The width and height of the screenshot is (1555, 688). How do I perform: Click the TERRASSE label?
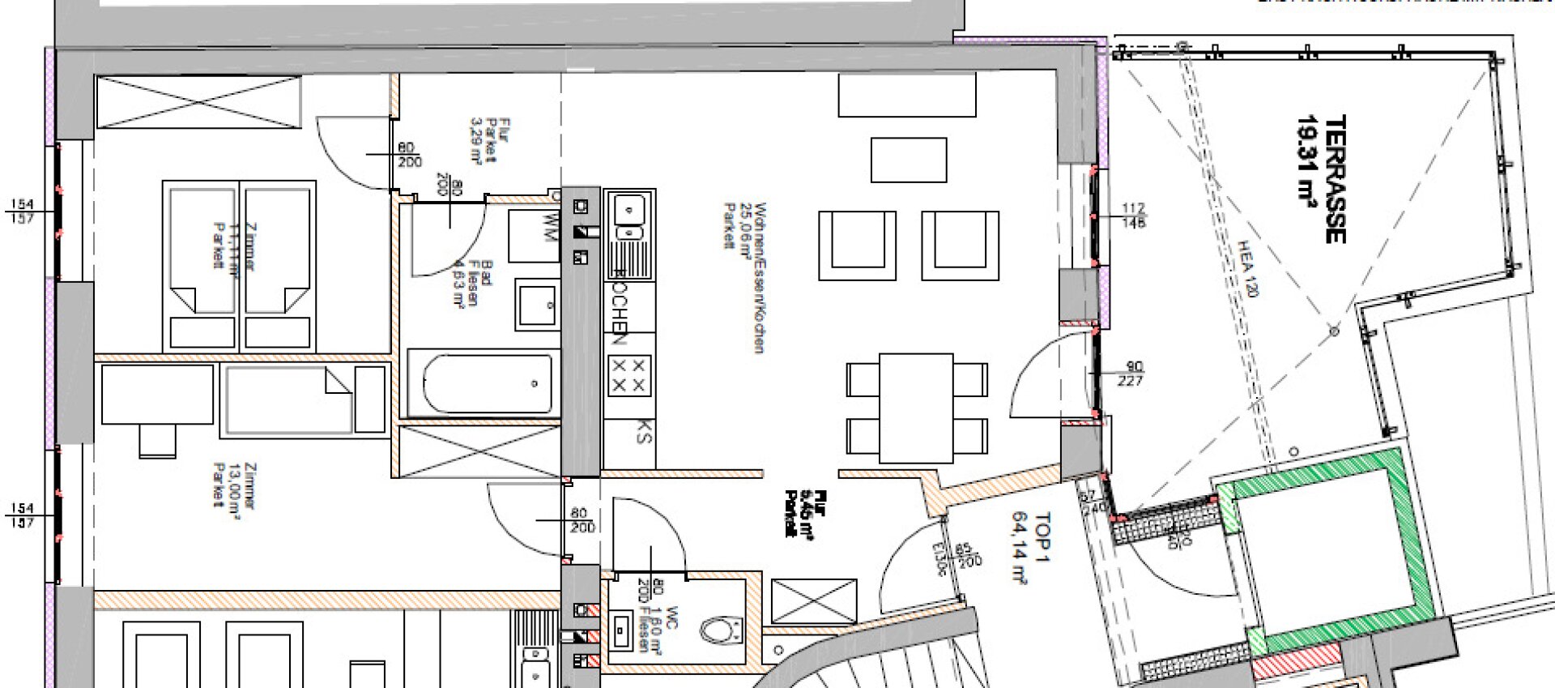point(1335,179)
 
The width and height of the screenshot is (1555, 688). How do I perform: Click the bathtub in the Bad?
point(481,383)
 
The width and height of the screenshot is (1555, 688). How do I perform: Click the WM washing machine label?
point(550,226)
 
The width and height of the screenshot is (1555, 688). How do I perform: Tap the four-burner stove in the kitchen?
point(628,376)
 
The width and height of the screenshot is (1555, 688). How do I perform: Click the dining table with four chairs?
point(916,408)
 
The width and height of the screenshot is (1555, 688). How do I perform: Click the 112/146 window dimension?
point(1133,216)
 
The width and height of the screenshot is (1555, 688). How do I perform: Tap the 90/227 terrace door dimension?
point(1131,374)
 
